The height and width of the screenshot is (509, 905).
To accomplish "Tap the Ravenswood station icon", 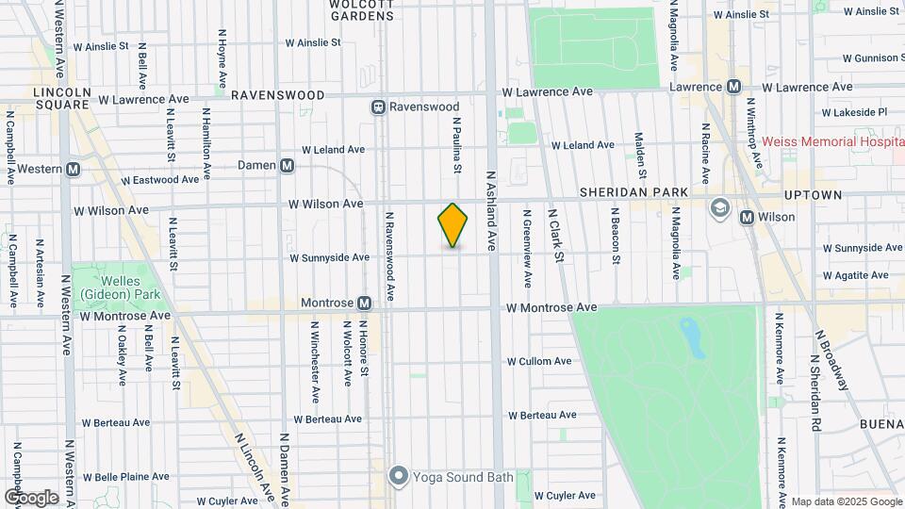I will tap(379, 107).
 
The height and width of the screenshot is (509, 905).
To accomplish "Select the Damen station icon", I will tap(288, 165).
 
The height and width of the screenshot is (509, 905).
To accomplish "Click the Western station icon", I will tap(73, 170).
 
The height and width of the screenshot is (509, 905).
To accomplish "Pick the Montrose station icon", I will tap(364, 303).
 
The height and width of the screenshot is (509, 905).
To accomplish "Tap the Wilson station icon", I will tap(748, 217).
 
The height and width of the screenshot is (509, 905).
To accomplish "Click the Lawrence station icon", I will tap(732, 87).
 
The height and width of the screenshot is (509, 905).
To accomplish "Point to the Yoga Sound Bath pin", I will tap(399, 475).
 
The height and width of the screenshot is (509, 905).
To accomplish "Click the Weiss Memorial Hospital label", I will tap(830, 141).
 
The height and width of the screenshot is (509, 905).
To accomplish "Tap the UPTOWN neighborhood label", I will tap(813, 194).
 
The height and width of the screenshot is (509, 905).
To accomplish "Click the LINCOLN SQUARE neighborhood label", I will tap(61, 98).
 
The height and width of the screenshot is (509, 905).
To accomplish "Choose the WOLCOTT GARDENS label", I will tap(361, 8).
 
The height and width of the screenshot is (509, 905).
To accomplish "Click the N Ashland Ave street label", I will tap(490, 209).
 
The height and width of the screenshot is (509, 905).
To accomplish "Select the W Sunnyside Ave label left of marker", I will tap(329, 257).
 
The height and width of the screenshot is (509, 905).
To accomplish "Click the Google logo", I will tap(31, 497).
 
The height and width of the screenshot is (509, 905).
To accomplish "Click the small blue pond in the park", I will tap(693, 337).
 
